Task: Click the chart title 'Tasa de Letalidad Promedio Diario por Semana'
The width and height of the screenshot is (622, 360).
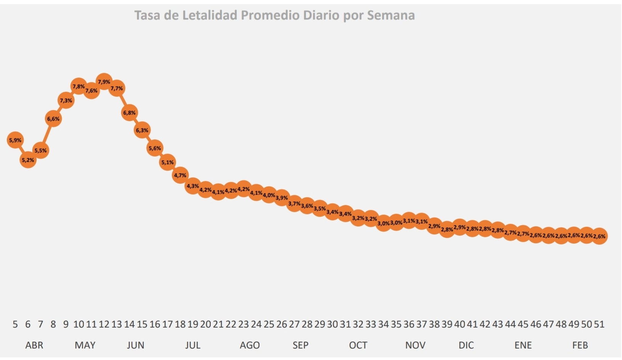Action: (x=274, y=15)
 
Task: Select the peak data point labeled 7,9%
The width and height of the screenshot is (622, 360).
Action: (x=104, y=82)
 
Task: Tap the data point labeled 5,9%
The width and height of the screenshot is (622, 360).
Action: (x=15, y=140)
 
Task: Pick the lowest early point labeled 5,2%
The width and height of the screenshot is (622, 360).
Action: (x=28, y=160)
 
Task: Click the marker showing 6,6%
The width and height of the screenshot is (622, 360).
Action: (x=53, y=119)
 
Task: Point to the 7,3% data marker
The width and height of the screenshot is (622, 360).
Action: (x=66, y=101)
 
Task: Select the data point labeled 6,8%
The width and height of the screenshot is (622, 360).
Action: (x=130, y=113)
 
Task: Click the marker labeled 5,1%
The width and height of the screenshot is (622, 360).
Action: (x=167, y=162)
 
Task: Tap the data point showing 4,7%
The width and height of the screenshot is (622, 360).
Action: (x=180, y=175)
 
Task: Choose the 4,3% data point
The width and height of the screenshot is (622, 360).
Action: (x=193, y=186)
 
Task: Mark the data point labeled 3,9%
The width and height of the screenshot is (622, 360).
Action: (x=282, y=198)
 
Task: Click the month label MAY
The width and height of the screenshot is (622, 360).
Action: (x=85, y=345)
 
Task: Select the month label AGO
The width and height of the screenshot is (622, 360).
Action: (x=250, y=345)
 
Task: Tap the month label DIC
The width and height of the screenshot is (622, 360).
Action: (x=466, y=345)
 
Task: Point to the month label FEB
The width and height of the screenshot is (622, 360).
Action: (x=580, y=345)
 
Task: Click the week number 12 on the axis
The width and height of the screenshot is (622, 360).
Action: (x=104, y=324)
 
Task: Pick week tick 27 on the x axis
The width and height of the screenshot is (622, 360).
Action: (x=294, y=324)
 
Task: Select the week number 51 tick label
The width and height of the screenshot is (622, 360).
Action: (x=599, y=324)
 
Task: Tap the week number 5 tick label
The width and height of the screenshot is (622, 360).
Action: (x=15, y=324)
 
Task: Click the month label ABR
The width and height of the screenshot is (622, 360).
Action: (x=34, y=345)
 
